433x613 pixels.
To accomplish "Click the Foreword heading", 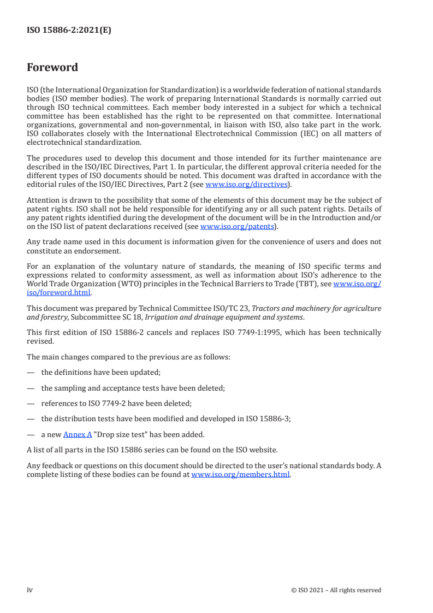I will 52,68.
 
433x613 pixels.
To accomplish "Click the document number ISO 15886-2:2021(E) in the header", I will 69,31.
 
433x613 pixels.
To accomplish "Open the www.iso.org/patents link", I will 237,226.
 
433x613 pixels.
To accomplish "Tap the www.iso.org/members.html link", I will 240,475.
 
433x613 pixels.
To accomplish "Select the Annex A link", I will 78,434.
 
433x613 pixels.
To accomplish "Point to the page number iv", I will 30,590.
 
